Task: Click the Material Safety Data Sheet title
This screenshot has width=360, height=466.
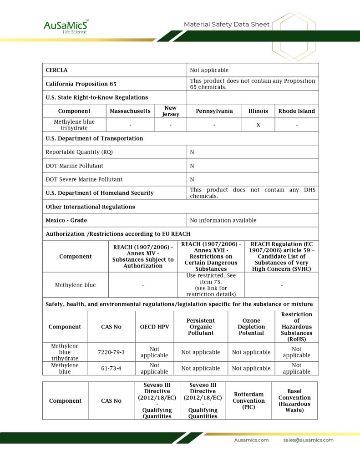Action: click(227, 25)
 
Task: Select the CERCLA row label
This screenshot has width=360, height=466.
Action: click(56, 70)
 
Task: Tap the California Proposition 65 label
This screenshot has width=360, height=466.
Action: click(81, 84)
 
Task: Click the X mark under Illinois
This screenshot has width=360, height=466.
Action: click(258, 125)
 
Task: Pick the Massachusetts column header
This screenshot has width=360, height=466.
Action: click(130, 111)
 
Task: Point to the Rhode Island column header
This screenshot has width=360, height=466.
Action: click(296, 111)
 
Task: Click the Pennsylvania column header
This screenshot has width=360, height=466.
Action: click(214, 111)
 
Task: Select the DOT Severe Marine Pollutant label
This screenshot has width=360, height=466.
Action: click(84, 179)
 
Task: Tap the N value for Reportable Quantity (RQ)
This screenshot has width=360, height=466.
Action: click(192, 152)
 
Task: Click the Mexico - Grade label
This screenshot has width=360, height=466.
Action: click(66, 220)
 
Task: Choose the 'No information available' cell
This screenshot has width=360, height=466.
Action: click(223, 220)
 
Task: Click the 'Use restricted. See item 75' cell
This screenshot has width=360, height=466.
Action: click(211, 285)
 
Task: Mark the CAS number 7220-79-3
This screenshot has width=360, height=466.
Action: click(111, 352)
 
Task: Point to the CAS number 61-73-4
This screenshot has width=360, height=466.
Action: click(111, 368)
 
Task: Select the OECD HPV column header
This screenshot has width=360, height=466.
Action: click(154, 327)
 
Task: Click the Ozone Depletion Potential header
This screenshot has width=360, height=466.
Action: click(251, 327)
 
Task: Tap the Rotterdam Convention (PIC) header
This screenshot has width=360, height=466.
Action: click(248, 400)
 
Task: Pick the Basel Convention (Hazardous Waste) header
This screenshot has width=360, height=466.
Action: click(294, 400)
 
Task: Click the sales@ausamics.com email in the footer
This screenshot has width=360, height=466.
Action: click(308, 440)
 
